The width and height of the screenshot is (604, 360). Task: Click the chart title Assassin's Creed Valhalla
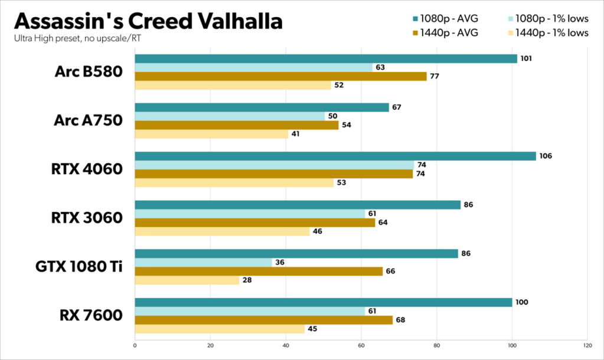pyautogui.click(x=148, y=21)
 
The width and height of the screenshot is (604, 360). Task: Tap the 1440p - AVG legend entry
pyautogui.click(x=449, y=32)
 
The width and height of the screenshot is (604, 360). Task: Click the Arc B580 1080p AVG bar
pyautogui.click(x=325, y=58)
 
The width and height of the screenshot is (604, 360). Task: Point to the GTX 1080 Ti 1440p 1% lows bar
pyautogui.click(x=187, y=280)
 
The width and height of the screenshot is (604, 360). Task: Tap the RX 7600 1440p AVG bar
pyautogui.click(x=263, y=320)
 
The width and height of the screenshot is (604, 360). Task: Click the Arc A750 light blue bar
pyautogui.click(x=230, y=116)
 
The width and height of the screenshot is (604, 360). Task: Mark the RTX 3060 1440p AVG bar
pyautogui.click(x=254, y=222)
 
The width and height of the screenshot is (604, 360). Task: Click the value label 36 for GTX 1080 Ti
pyautogui.click(x=280, y=263)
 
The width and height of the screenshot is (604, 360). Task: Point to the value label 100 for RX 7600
pyautogui.click(x=521, y=302)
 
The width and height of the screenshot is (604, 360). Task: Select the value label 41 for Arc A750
pyautogui.click(x=295, y=134)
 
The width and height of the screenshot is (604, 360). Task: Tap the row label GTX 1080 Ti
pyautogui.click(x=79, y=266)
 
